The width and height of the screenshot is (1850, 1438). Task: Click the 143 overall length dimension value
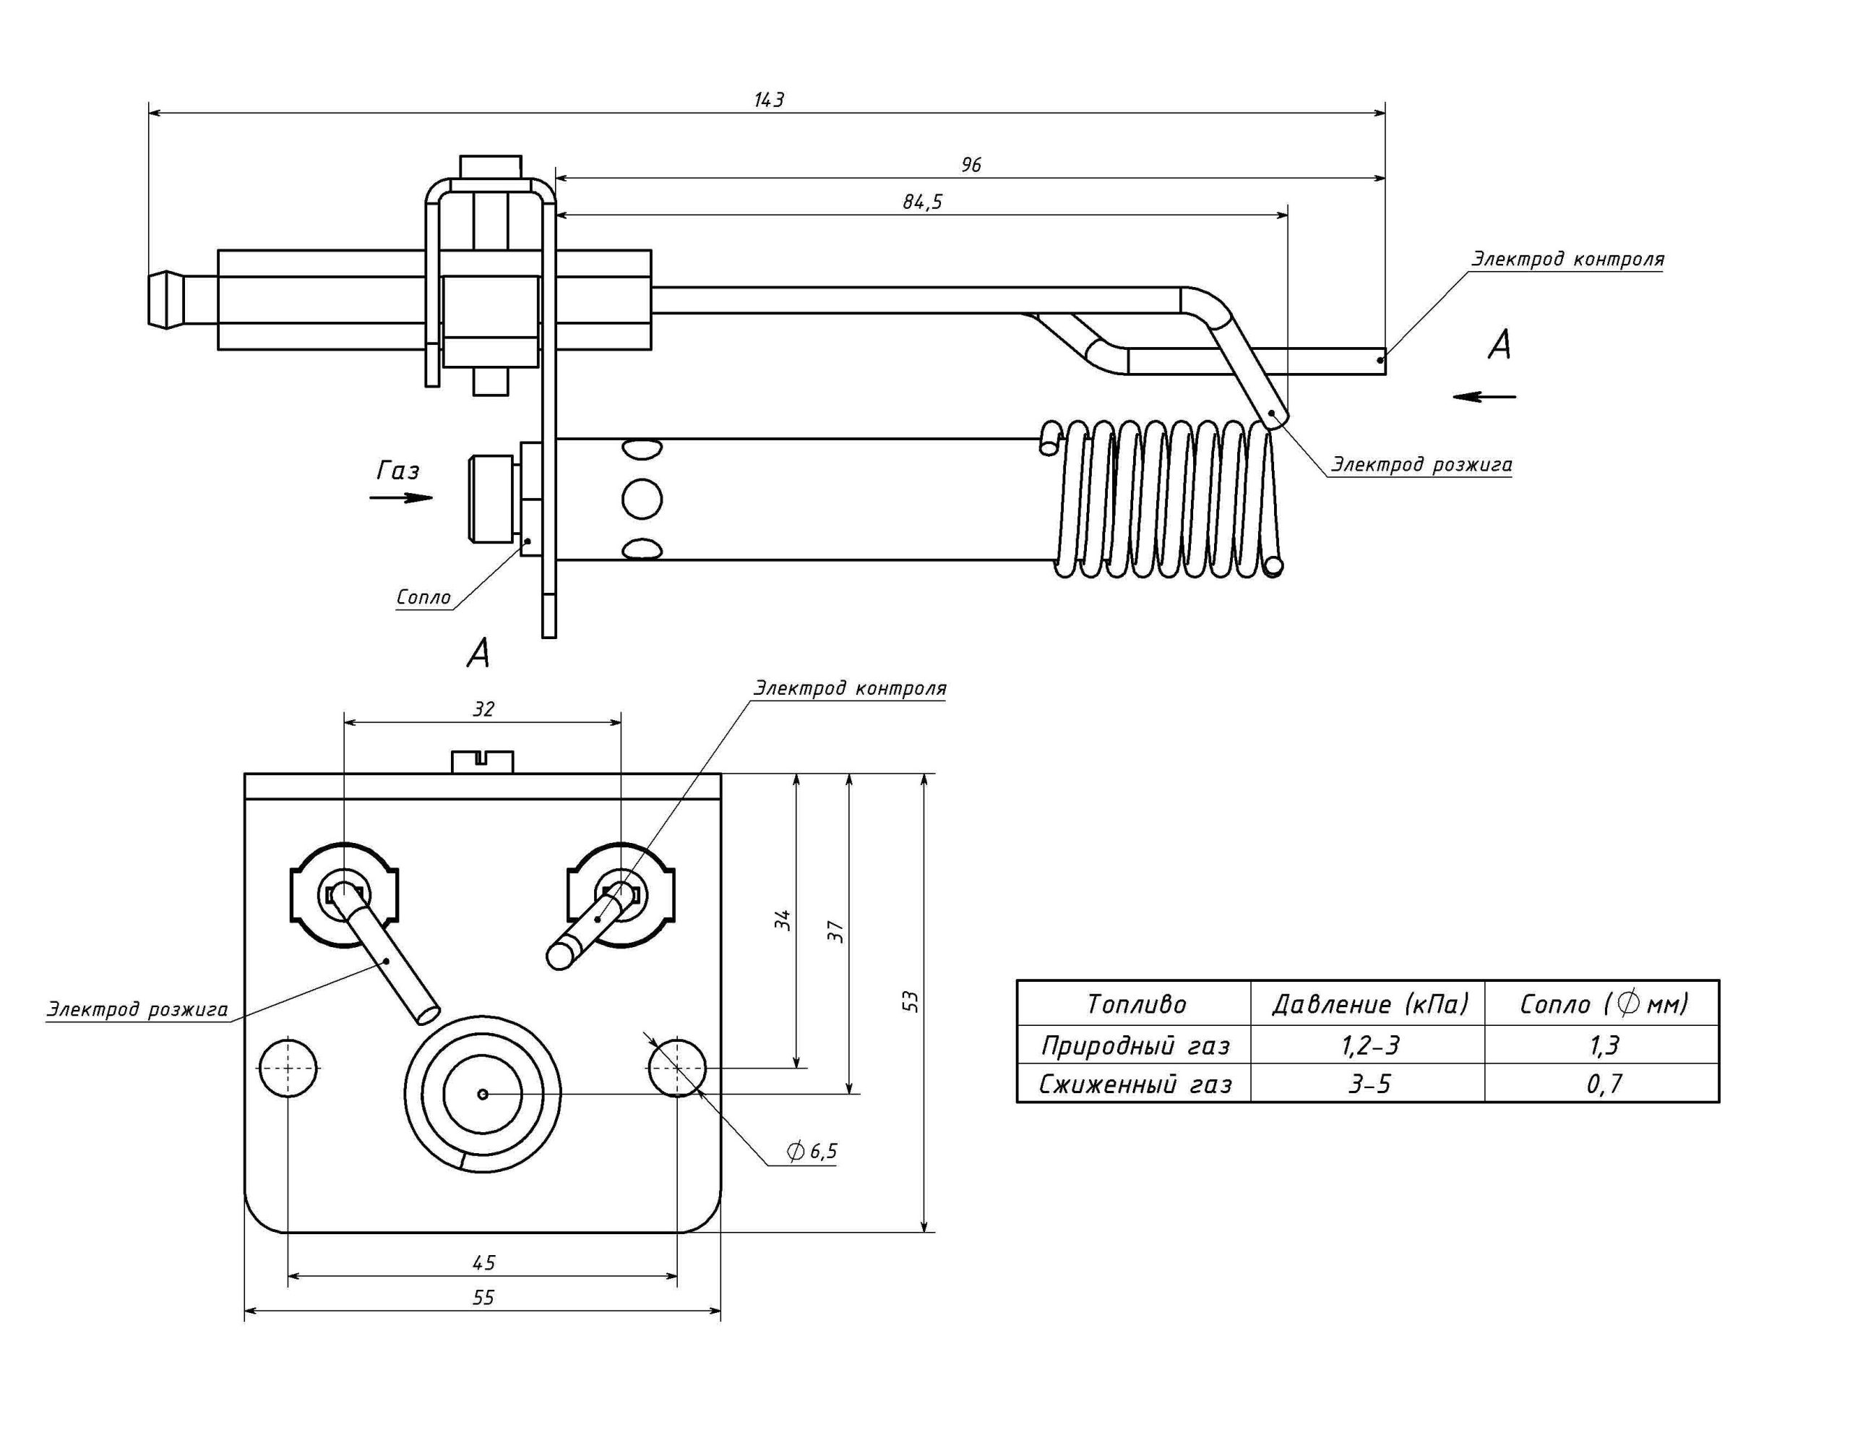pos(769,100)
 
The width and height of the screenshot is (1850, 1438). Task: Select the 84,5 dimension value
pos(922,202)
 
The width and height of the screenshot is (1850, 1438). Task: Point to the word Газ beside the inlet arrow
pos(398,471)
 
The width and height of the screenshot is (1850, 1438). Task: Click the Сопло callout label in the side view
pos(423,597)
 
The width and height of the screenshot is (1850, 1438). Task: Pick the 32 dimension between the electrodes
pos(483,709)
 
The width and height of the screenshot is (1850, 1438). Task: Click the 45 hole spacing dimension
pos(483,1262)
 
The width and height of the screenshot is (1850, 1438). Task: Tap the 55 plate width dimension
pos(483,1297)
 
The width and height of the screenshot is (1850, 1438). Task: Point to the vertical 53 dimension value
pos(911,1001)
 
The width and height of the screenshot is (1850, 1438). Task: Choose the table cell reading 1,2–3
pos(1369,1045)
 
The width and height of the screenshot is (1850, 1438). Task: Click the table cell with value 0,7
pos(1604,1084)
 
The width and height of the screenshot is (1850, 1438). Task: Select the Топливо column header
pos(1136,1004)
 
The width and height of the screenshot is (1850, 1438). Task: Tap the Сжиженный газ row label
pos(1135,1084)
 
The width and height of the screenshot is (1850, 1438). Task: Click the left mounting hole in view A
pos(289,1067)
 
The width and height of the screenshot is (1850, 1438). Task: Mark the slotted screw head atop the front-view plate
pos(483,761)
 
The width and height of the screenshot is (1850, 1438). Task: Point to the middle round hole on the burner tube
pos(641,498)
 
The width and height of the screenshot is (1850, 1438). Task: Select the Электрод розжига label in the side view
pos(1421,464)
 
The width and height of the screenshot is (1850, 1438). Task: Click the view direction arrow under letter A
pos(1484,395)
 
